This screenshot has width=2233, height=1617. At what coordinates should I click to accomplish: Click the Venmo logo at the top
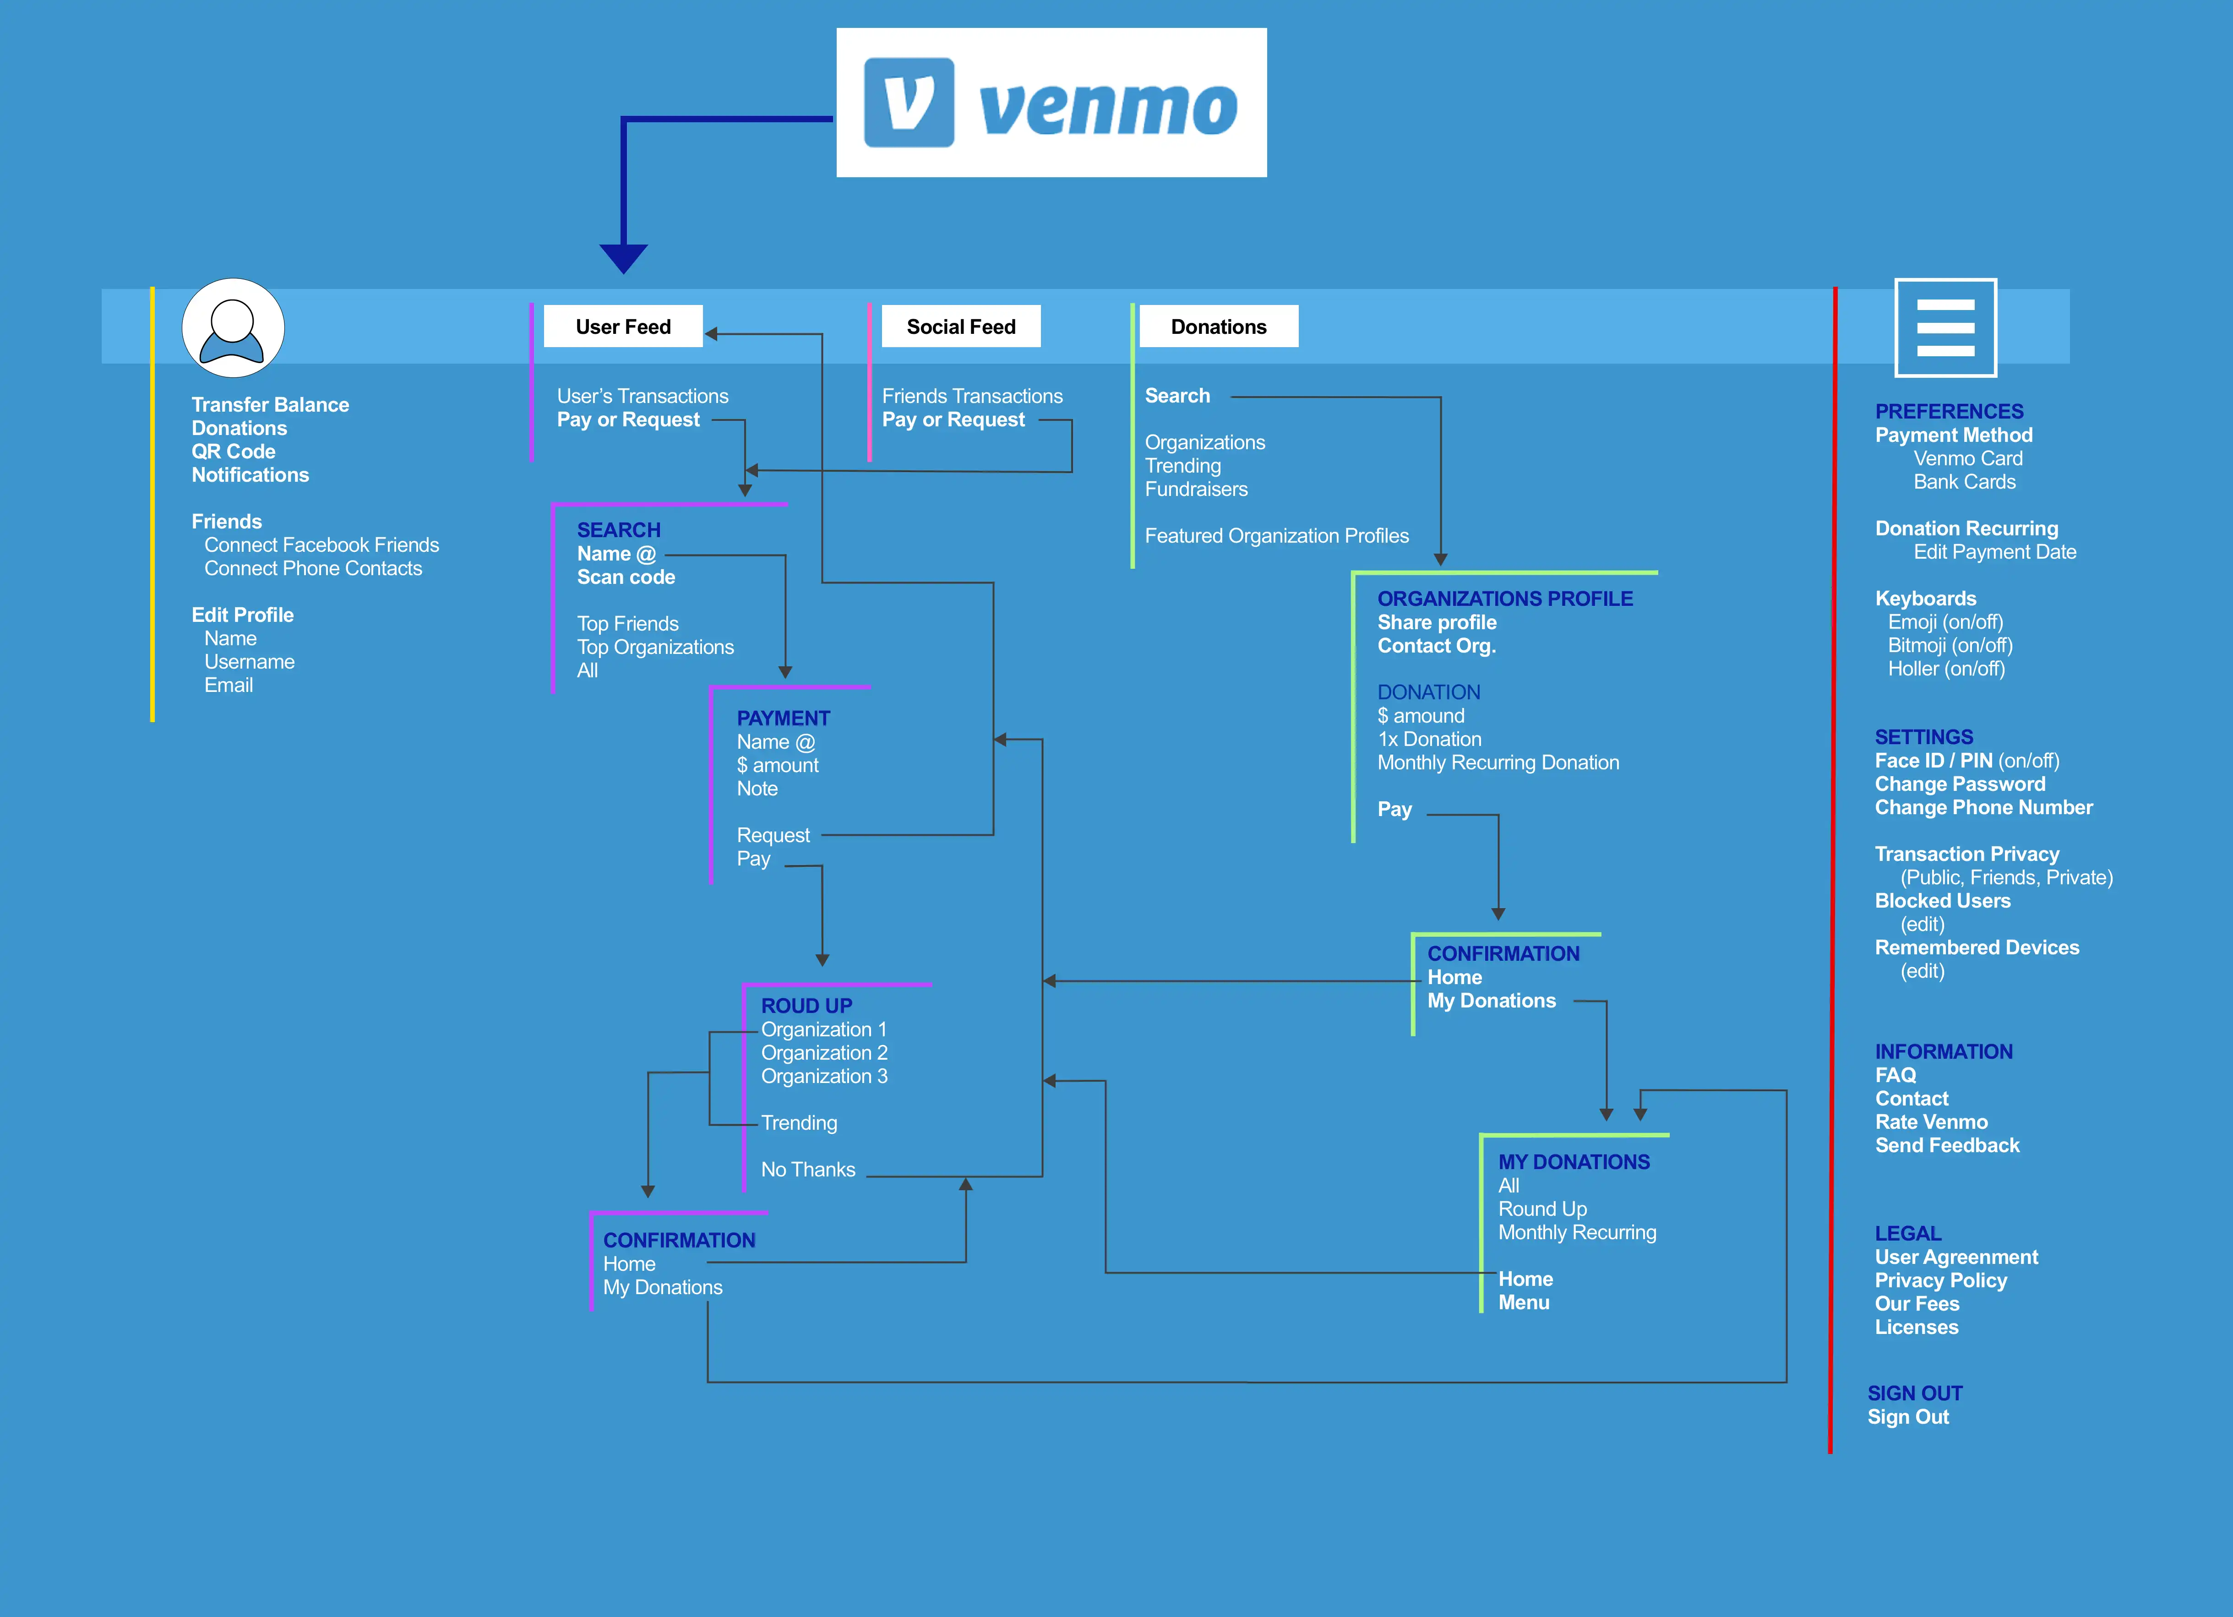1051,103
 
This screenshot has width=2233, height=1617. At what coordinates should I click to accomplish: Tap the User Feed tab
623,326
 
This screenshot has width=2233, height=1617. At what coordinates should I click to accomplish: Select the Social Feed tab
961,326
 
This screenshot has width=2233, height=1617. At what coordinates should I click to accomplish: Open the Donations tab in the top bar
1219,326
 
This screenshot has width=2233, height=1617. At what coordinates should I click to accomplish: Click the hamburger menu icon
1945,327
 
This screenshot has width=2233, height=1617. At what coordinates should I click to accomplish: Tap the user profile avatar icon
234,328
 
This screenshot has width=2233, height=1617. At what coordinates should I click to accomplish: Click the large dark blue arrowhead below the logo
623,258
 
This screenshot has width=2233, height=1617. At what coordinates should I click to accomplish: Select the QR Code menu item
234,451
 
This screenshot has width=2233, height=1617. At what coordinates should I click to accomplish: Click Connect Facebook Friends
322,544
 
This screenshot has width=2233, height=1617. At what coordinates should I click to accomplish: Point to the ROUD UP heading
806,1006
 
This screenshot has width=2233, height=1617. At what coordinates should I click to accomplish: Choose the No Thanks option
808,1169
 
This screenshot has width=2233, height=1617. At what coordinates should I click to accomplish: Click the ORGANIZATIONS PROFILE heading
1504,598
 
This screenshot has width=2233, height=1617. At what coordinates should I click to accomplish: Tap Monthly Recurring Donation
1498,762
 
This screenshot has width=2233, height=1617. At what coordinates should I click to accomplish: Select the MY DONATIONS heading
1574,1162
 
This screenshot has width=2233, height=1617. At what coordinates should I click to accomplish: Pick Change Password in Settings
1959,784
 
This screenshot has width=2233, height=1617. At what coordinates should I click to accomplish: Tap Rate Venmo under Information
1931,1122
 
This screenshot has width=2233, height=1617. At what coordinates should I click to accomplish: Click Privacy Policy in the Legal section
1940,1280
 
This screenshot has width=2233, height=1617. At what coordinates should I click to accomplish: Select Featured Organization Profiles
1276,536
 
